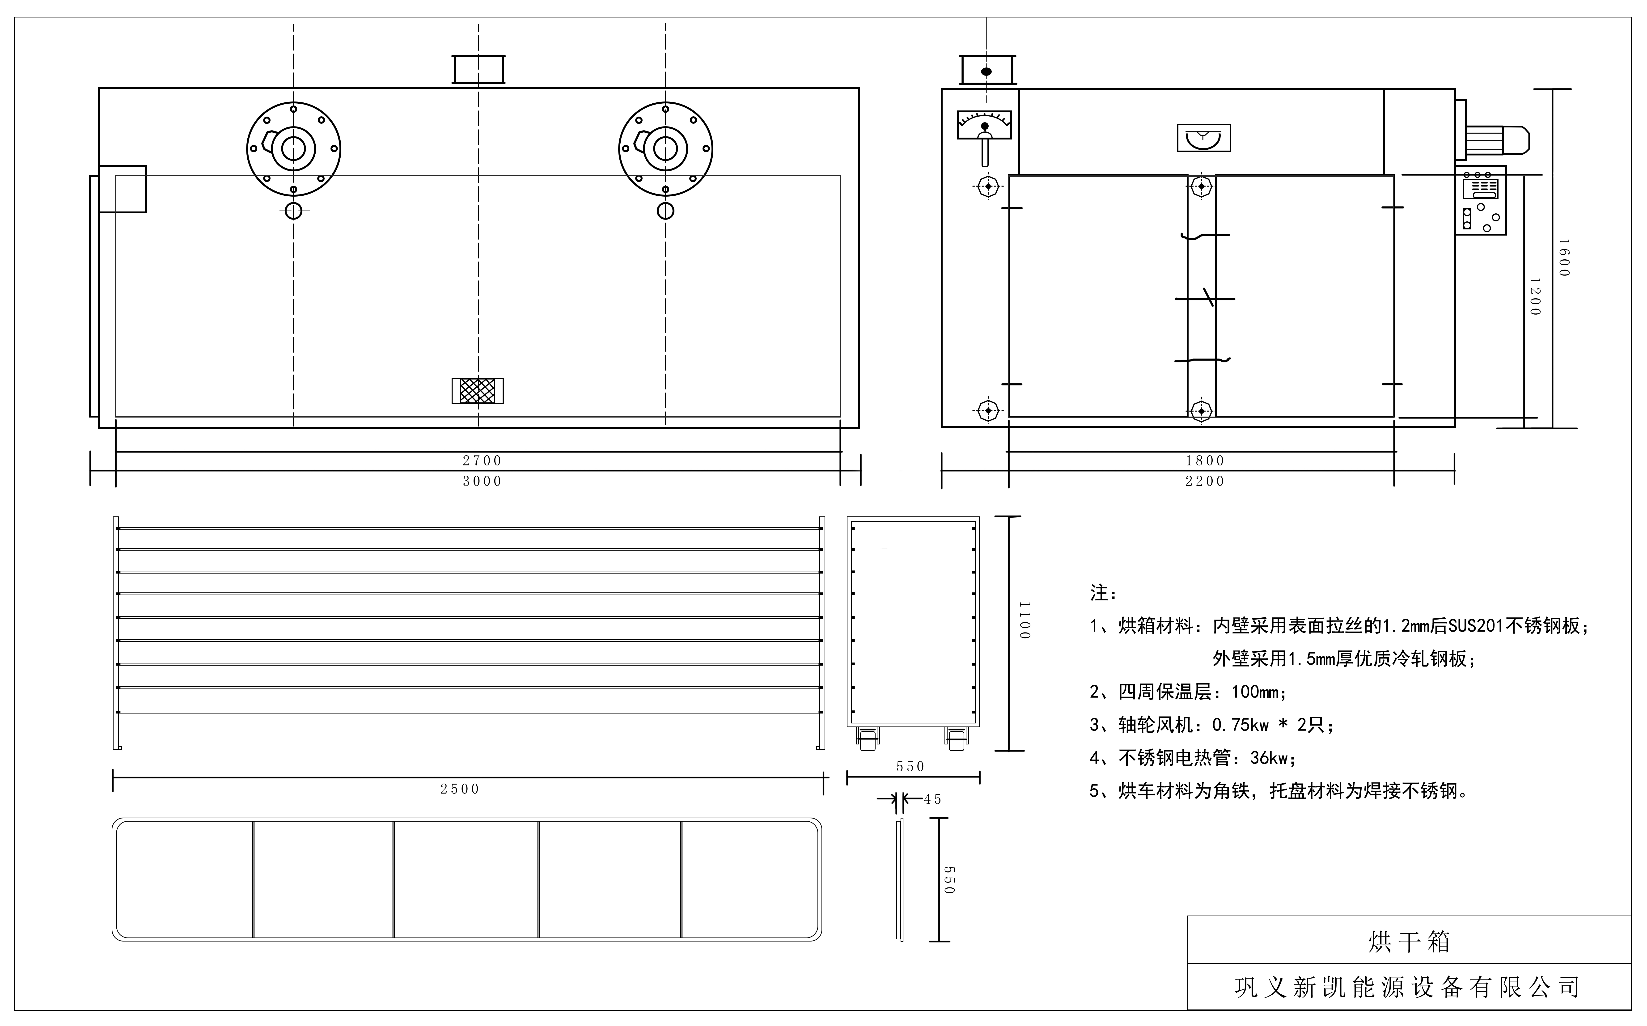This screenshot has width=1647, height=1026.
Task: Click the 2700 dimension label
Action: point(482,461)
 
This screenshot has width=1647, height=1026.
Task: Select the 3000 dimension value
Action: point(482,481)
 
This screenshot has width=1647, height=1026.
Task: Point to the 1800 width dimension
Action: point(1205,461)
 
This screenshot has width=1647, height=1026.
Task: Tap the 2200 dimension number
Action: point(1205,481)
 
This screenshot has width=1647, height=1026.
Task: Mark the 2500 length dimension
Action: point(459,789)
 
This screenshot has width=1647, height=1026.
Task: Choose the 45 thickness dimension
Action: point(932,799)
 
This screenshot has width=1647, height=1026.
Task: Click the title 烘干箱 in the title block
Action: point(1409,942)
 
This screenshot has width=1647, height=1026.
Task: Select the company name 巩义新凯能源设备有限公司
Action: point(1407,987)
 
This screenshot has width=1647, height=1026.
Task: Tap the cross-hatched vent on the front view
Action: point(478,391)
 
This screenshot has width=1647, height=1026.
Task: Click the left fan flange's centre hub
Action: point(293,149)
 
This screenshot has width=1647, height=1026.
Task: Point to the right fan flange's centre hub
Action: point(665,149)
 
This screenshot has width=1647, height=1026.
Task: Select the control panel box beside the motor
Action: point(1480,201)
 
